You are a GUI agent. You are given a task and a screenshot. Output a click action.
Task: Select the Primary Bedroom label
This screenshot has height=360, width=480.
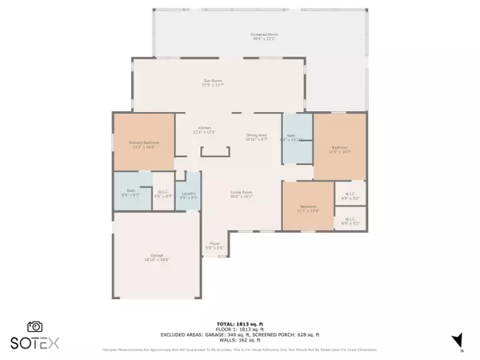tap(142, 145)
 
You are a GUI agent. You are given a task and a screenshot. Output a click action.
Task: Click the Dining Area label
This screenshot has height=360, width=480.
tap(255, 138)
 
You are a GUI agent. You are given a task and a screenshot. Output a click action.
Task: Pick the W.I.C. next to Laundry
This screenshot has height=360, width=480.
tap(162, 193)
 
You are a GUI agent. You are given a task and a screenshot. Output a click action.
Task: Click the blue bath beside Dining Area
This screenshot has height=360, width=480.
tap(293, 137)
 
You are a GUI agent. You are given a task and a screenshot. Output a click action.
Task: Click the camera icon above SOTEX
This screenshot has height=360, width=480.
tap(35, 326)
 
